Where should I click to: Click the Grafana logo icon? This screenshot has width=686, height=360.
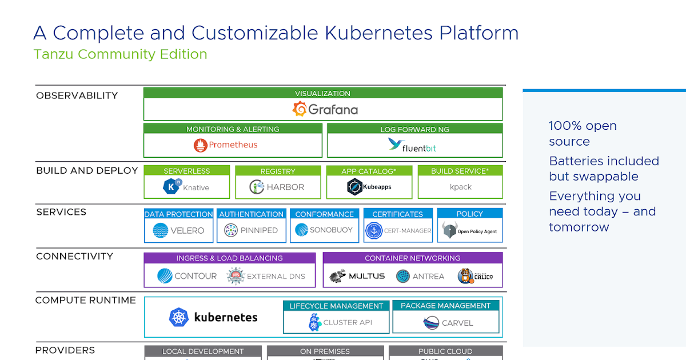coord(300,109)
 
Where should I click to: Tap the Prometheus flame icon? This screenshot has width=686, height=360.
coord(200,145)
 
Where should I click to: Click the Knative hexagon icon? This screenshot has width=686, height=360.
coord(171,187)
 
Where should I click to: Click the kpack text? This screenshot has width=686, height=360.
coord(460,187)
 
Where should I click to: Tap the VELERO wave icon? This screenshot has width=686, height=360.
coord(161,230)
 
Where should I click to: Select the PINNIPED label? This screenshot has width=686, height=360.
coord(259,230)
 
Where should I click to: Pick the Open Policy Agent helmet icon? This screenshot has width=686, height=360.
coord(449,231)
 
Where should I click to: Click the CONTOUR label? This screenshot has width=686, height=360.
coord(196,276)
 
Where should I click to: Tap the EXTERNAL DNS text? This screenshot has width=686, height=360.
coord(276,276)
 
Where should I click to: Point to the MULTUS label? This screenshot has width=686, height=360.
coord(367,276)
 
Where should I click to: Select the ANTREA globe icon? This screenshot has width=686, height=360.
coord(403,276)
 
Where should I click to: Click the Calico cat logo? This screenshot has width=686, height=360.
coord(466,276)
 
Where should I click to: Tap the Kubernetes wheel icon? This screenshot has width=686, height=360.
coord(179,317)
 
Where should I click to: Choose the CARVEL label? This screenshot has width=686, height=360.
coord(457,323)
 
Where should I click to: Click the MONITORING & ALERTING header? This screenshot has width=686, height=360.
coord(233,129)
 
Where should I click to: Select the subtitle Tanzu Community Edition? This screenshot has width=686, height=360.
coord(120,54)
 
